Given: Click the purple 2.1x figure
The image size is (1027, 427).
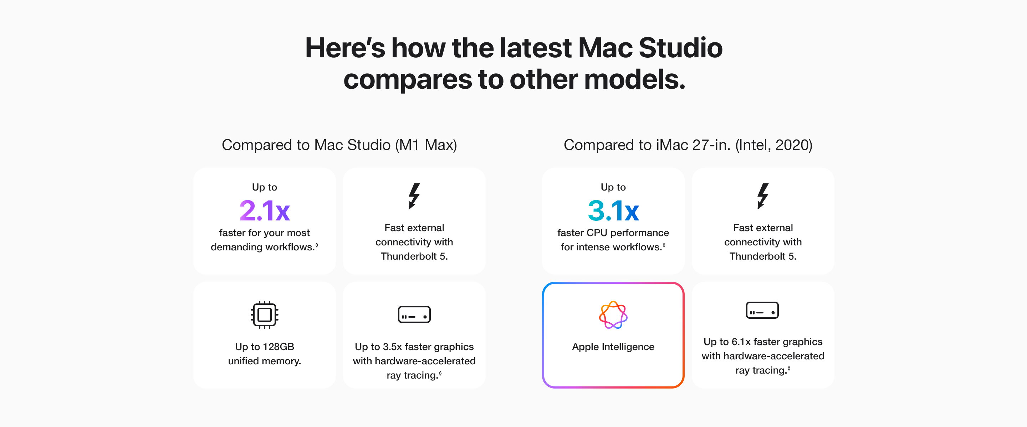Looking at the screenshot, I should click(x=264, y=211).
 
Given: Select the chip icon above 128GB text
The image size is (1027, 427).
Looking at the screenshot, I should click(x=264, y=315).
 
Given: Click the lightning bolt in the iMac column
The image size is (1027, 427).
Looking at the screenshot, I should click(x=762, y=196).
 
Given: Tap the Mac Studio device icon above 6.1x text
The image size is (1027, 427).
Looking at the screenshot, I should click(x=762, y=310).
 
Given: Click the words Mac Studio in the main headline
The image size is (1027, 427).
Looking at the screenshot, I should click(x=650, y=48).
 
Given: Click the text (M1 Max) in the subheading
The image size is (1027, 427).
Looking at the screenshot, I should click(x=426, y=145).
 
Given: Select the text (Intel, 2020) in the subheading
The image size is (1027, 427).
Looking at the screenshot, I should click(x=773, y=145).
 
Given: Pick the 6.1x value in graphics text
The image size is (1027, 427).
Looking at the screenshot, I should click(x=741, y=342).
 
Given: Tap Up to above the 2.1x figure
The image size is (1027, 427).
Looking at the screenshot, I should click(x=264, y=187).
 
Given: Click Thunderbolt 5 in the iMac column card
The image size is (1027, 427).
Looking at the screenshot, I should click(x=762, y=256).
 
